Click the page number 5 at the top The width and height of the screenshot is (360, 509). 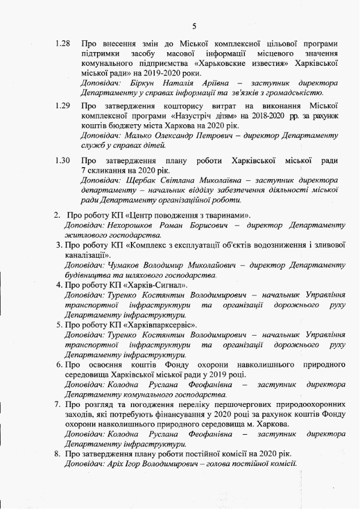click(x=194, y=26)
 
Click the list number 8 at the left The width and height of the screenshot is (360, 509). click(x=57, y=453)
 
